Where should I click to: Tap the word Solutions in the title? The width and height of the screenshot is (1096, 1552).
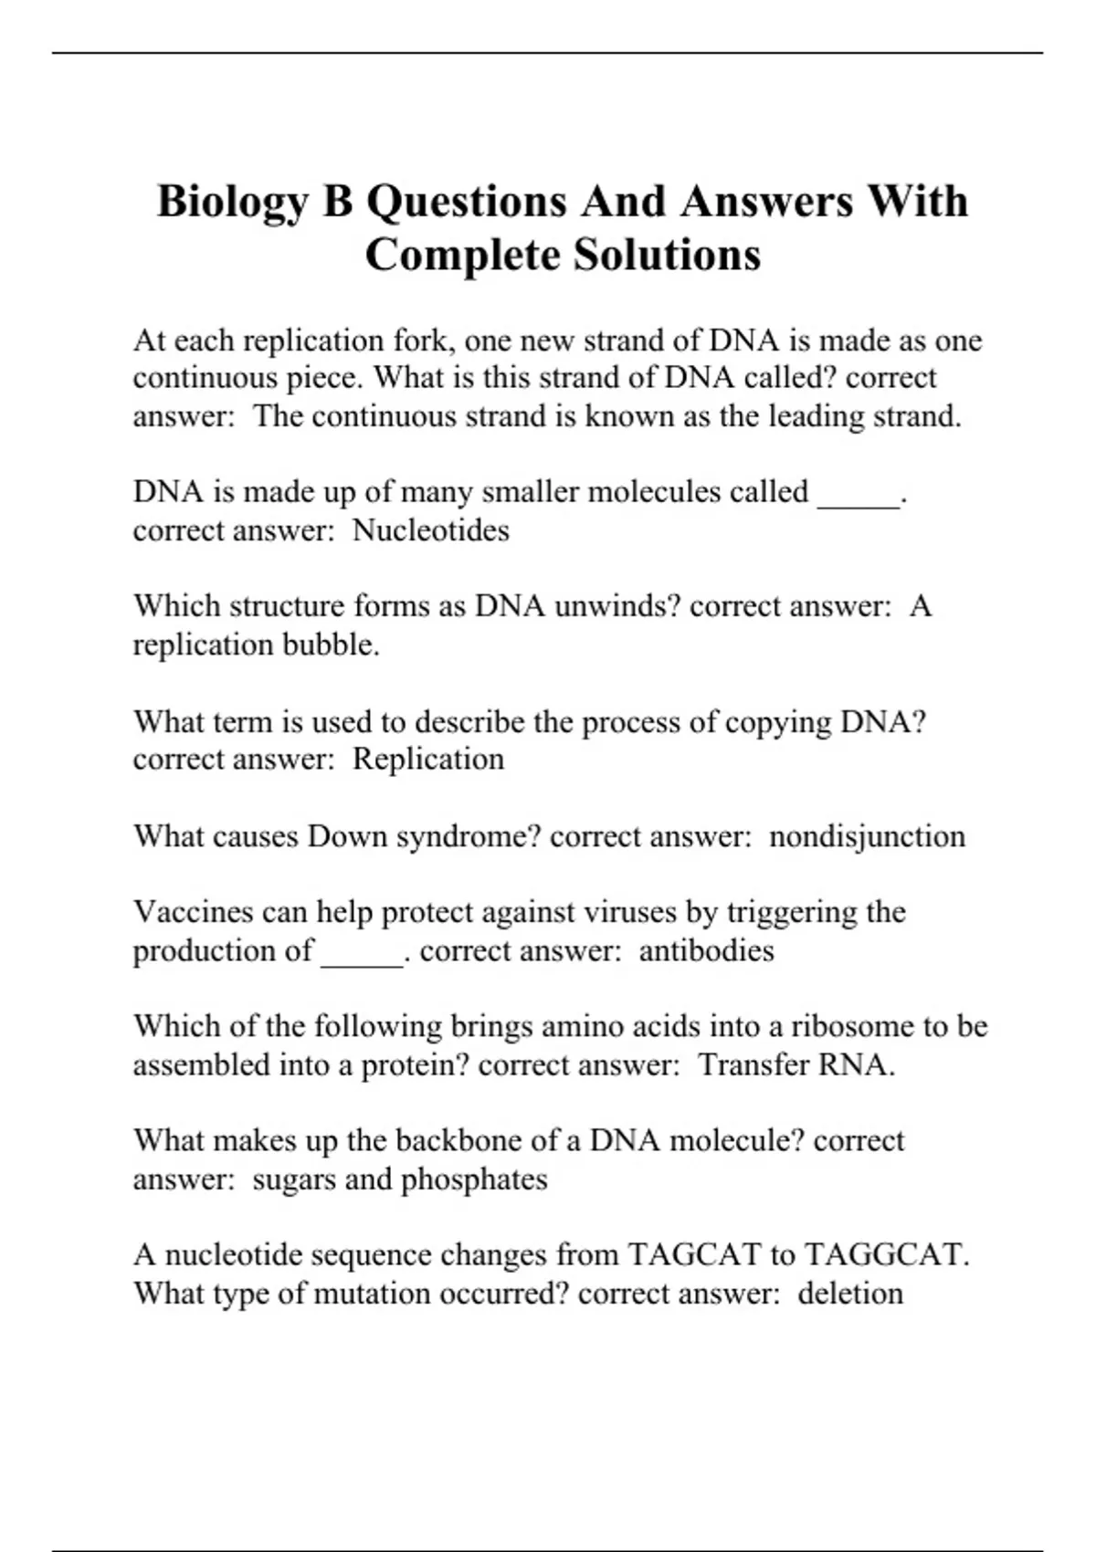(x=667, y=256)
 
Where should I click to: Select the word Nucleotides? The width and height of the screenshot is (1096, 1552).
(x=431, y=530)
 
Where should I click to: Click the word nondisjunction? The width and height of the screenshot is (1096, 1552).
(x=867, y=836)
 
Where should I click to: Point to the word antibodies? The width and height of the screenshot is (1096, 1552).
(x=706, y=951)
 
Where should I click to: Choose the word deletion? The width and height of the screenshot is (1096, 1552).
(x=850, y=1294)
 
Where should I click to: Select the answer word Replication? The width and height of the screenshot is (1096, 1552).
(x=428, y=760)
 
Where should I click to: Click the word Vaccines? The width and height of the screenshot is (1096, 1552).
(x=193, y=912)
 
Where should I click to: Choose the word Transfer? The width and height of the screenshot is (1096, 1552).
(x=753, y=1065)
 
